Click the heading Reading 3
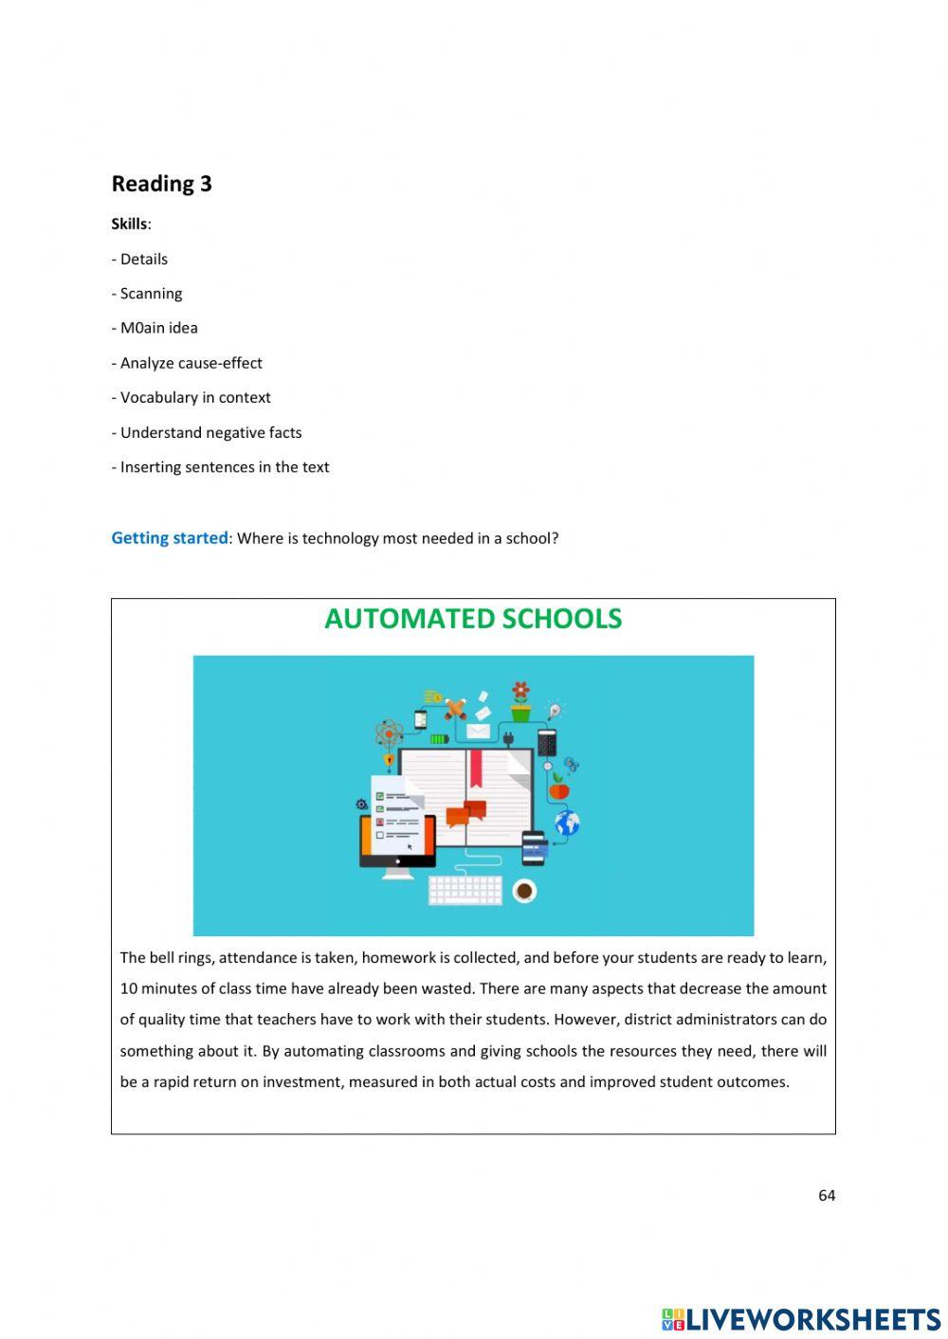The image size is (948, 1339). click(161, 184)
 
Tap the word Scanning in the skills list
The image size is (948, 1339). click(151, 294)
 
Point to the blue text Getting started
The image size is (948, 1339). click(169, 538)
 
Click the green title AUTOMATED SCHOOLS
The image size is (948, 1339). click(473, 619)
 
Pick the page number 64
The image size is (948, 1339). click(827, 1196)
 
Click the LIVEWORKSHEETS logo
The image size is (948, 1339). click(801, 1319)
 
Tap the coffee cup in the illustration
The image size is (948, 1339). click(524, 891)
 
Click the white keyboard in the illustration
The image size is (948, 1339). click(465, 890)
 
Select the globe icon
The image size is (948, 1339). click(567, 823)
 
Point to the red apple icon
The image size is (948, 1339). click(559, 788)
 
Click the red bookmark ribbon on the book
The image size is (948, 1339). click(476, 768)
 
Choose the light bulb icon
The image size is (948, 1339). click(555, 710)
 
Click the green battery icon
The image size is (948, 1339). click(439, 738)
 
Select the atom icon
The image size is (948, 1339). click(389, 733)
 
